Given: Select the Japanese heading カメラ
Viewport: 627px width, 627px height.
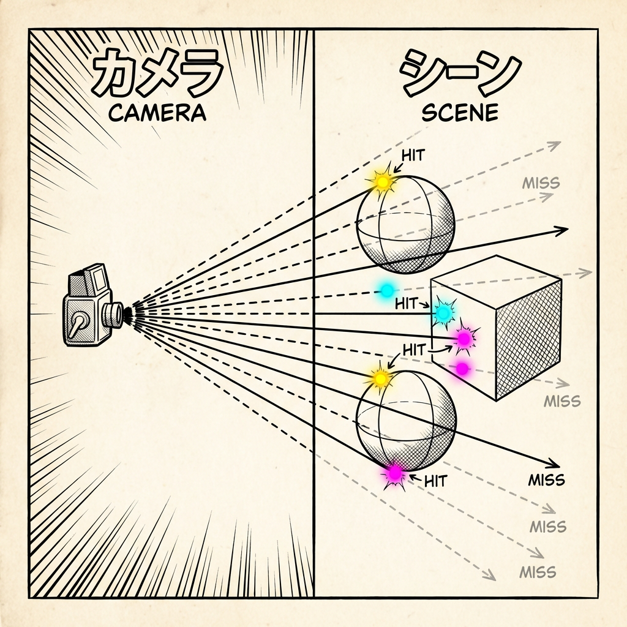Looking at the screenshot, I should pyautogui.click(x=157, y=72).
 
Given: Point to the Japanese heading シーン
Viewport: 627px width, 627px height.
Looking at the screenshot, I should pyautogui.click(x=459, y=72).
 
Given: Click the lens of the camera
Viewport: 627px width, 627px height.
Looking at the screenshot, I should pyautogui.click(x=113, y=315).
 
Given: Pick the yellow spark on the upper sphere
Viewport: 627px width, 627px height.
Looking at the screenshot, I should pyautogui.click(x=383, y=182).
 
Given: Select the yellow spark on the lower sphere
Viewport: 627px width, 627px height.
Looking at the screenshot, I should pyautogui.click(x=381, y=379).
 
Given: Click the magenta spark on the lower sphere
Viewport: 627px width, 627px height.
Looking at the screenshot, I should pyautogui.click(x=396, y=473).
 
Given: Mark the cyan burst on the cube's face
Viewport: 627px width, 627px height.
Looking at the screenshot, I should pyautogui.click(x=443, y=312).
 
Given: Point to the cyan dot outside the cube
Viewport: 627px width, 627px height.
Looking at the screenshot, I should pyautogui.click(x=386, y=290).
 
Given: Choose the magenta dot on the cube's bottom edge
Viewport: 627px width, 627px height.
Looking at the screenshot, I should pyautogui.click(x=462, y=369).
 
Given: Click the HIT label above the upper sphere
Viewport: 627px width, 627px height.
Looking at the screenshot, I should pyautogui.click(x=412, y=154).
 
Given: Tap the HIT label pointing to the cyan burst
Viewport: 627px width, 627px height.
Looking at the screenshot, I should pyautogui.click(x=407, y=302).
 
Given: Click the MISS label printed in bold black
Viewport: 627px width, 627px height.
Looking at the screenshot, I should pyautogui.click(x=546, y=479).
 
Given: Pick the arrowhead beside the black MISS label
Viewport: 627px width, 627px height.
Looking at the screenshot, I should pyautogui.click(x=554, y=464).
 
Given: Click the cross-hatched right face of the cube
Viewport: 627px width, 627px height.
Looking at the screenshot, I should pyautogui.click(x=528, y=337).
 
